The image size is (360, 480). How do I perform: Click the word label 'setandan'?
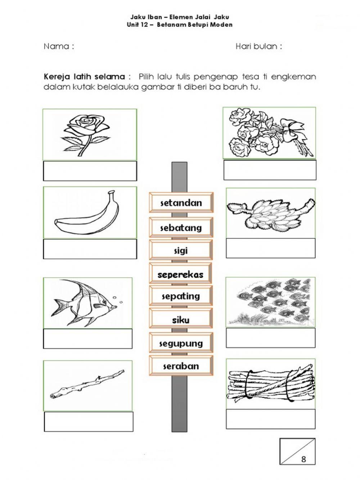[181, 203]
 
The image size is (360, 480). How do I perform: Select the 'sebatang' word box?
[181, 228]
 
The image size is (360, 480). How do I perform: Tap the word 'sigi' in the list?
[181, 251]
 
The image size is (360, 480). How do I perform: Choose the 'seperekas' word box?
[180, 274]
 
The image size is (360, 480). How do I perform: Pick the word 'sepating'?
[181, 296]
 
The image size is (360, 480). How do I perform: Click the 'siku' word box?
[181, 320]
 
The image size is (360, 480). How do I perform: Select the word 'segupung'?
[181, 343]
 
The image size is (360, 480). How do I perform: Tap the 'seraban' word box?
[181, 366]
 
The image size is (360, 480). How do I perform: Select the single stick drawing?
[87, 385]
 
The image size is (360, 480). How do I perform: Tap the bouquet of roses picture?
[269, 133]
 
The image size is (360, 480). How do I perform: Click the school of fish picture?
[270, 302]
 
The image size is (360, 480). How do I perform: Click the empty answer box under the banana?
[90, 249]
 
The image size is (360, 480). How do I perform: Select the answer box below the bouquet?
[270, 170]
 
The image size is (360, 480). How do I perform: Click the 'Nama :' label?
[59, 46]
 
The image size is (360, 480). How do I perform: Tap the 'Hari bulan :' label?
[258, 46]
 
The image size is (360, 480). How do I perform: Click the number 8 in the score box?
[303, 459]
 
